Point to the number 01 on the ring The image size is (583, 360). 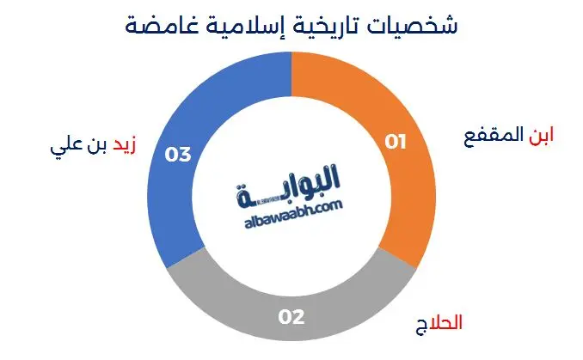click(x=395, y=142)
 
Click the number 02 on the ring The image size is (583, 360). click(x=291, y=317)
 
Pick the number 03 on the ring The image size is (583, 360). click(x=178, y=155)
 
